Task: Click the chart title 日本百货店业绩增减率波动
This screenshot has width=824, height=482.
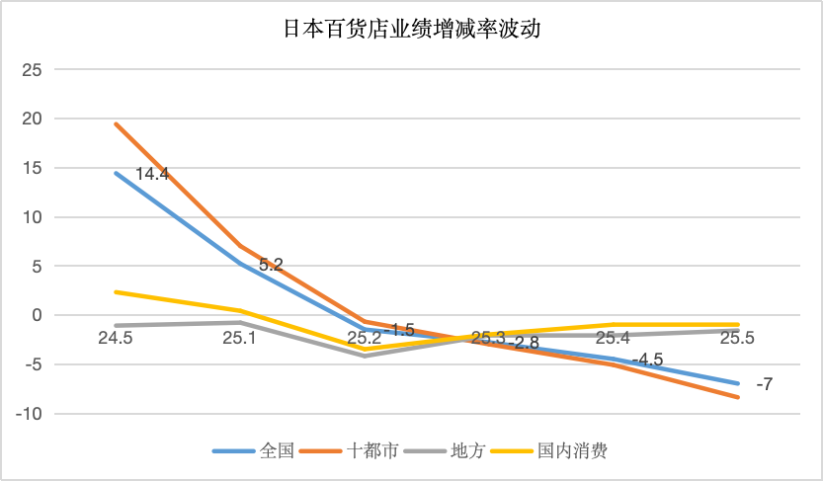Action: pos(412,30)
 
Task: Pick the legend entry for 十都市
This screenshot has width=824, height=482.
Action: pos(372,451)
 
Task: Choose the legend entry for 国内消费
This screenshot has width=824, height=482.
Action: pos(571,451)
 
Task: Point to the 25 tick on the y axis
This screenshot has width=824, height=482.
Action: pos(32,70)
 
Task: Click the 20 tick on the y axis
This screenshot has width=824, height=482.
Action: pos(32,119)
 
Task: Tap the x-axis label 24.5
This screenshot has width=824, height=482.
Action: pos(116,338)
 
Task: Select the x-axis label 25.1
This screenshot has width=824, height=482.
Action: pos(240,338)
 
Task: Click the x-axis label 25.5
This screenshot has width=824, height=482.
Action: pos(737,338)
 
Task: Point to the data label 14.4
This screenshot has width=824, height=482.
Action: pos(152,174)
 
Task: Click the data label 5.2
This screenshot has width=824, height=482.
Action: pos(271,265)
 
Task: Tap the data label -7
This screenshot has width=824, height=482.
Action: pos(763,384)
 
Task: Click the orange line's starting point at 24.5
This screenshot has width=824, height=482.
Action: pos(116,123)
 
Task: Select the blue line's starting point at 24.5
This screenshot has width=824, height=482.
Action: pos(116,173)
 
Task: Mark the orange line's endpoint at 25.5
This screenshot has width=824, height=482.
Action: pos(737,397)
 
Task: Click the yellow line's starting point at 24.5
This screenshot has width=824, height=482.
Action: pos(116,291)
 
